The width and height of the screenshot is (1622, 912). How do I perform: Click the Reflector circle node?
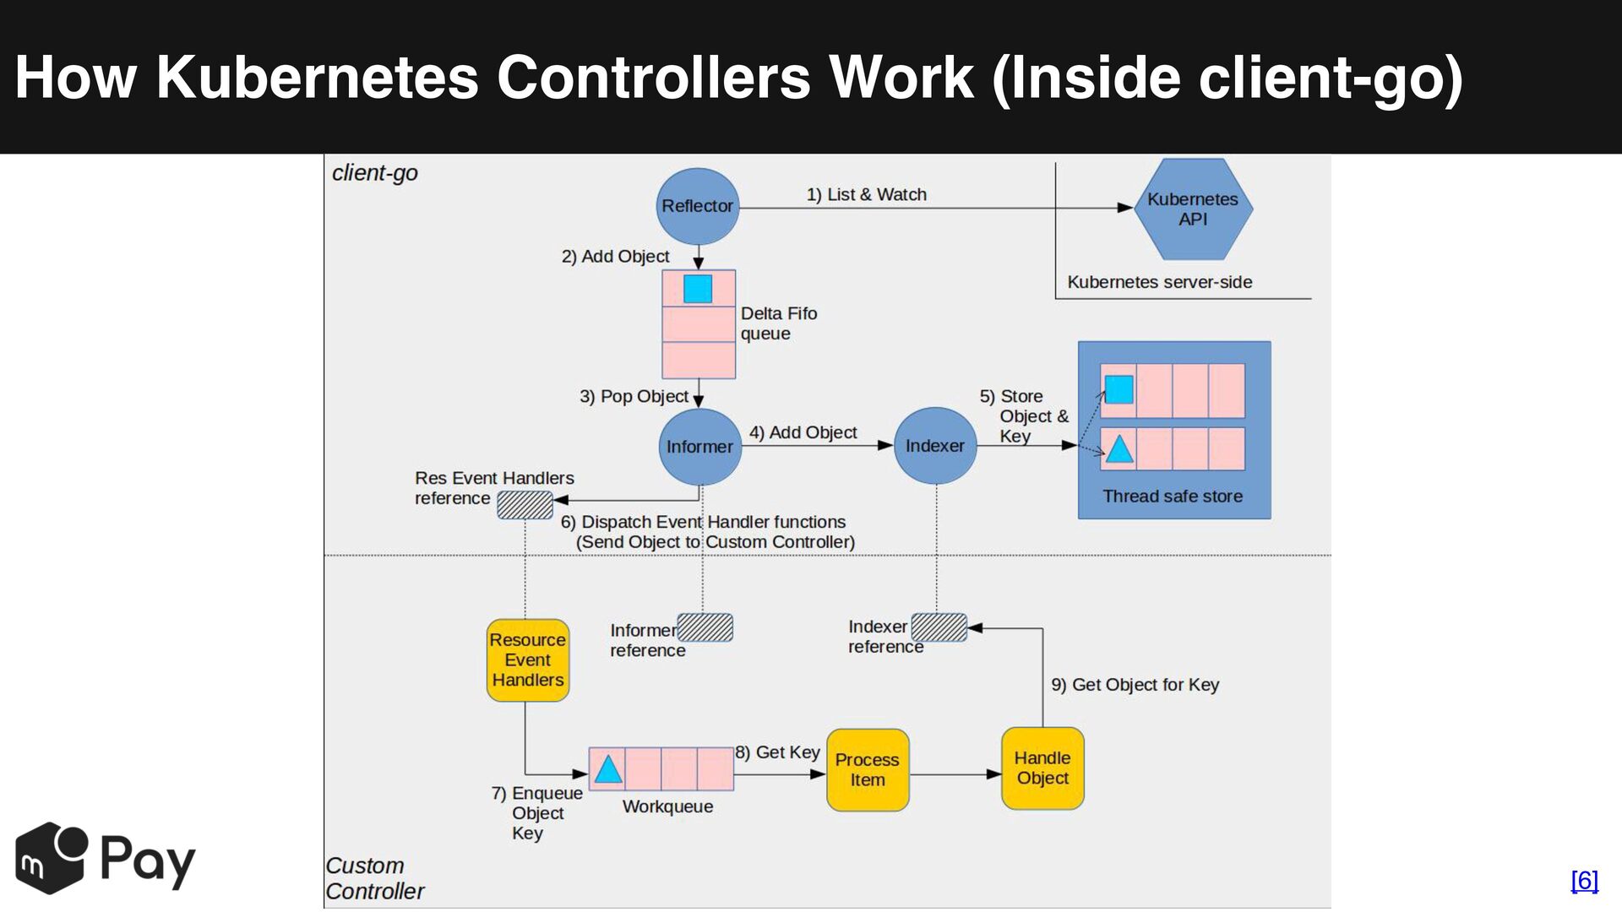698,206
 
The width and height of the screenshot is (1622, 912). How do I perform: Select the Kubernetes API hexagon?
1193,209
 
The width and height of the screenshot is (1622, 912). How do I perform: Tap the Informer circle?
700,447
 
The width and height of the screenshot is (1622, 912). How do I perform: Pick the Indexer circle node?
935,446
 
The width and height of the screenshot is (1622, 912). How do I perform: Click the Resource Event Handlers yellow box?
528,660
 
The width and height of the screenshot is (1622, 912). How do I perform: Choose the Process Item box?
868,770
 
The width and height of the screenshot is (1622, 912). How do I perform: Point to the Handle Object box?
1042,768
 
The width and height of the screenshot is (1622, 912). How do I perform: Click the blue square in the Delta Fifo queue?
698,289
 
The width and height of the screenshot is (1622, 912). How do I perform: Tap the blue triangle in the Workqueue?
608,769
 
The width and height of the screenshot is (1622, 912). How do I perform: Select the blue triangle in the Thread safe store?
1119,448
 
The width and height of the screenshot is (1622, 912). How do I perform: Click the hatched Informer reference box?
705,627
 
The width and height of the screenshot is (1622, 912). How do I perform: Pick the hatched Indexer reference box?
939,627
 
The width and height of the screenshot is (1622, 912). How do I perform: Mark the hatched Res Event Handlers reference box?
525,505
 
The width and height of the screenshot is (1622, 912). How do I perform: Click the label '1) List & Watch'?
867,195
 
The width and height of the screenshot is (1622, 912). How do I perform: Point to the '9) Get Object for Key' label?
1135,685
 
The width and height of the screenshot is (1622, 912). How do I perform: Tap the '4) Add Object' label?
803,433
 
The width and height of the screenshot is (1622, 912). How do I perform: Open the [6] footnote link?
1585,881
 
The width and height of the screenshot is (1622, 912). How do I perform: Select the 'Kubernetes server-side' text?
1160,282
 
